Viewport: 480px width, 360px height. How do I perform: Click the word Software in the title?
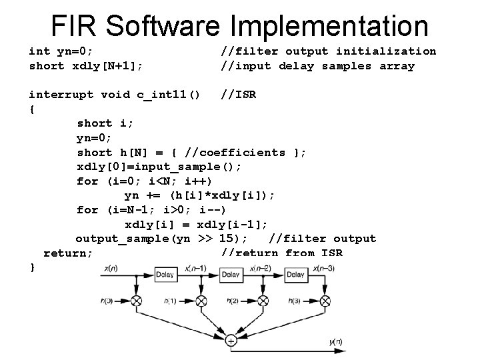pyautogui.click(x=163, y=26)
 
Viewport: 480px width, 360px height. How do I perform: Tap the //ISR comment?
pyautogui.click(x=239, y=94)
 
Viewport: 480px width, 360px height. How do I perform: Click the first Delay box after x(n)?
pyautogui.click(x=165, y=275)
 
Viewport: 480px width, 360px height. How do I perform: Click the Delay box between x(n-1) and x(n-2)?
pyautogui.click(x=231, y=275)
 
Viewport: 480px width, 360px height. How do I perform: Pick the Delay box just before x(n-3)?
pyautogui.click(x=295, y=275)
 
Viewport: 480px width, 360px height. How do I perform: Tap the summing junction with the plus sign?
pyautogui.click(x=231, y=341)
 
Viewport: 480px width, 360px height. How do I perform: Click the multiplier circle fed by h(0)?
pyautogui.click(x=136, y=301)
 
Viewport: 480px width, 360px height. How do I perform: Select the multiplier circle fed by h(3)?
pyautogui.click(x=328, y=301)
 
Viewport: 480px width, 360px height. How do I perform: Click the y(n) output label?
pyautogui.click(x=335, y=342)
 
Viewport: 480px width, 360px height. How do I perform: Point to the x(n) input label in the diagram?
pyautogui.click(x=111, y=268)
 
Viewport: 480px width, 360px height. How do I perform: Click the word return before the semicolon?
pyautogui.click(x=65, y=253)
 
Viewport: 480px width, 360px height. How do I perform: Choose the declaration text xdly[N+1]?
pyautogui.click(x=106, y=65)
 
